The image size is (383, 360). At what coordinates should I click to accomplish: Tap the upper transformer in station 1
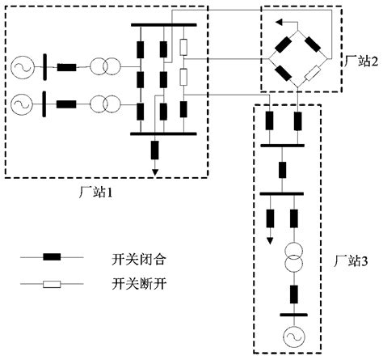point(103,66)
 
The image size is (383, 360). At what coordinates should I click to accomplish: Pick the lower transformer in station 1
point(103,104)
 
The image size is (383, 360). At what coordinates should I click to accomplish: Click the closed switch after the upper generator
point(66,66)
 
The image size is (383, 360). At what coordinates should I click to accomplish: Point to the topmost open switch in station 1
point(184,47)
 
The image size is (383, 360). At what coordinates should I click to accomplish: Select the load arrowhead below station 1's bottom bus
point(153,171)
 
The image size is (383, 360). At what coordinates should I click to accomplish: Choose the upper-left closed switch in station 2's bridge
point(286,45)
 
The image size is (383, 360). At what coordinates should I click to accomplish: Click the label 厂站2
point(358,61)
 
